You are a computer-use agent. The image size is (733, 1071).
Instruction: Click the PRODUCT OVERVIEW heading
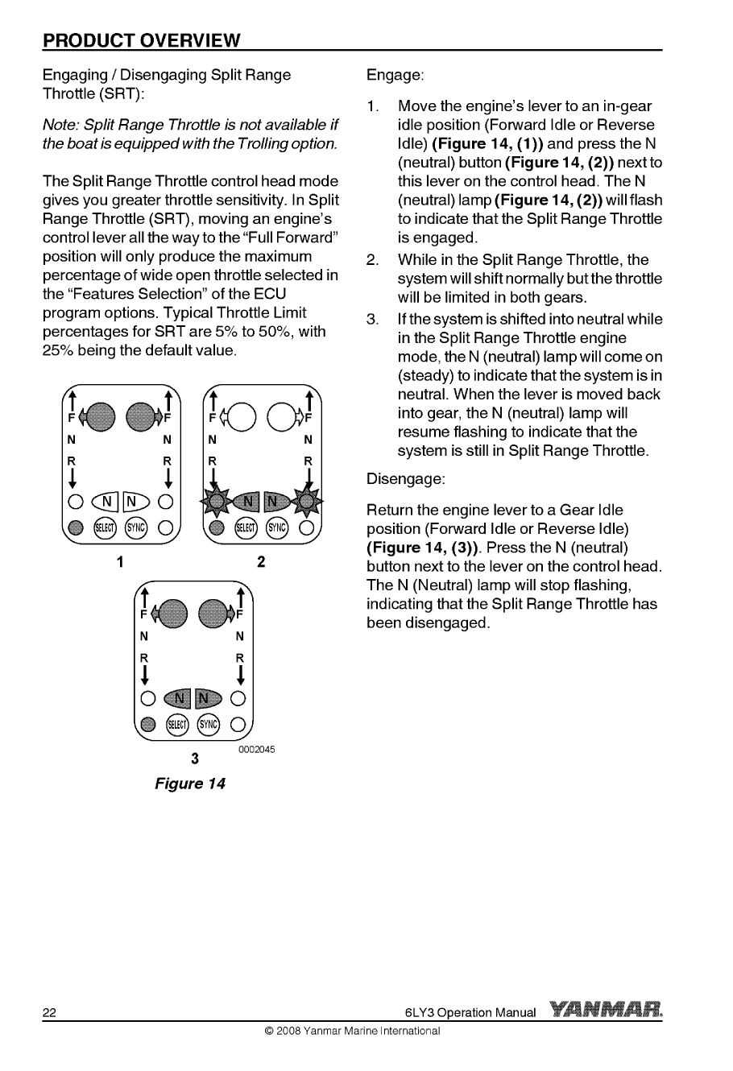[142, 39]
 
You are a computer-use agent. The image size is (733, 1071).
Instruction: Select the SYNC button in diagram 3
[208, 723]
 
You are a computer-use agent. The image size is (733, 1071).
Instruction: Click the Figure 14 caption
[190, 784]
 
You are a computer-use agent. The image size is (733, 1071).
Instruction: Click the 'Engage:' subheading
[395, 76]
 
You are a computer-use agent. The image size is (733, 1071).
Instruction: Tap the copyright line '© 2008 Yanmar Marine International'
[347, 1032]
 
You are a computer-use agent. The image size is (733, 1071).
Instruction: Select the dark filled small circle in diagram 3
[147, 723]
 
